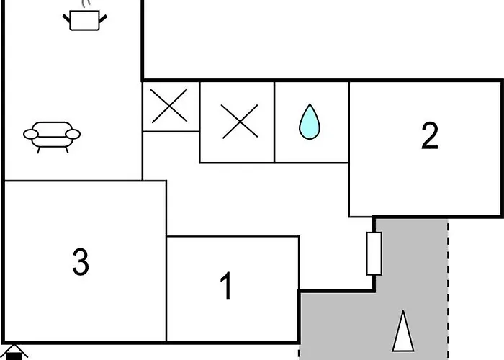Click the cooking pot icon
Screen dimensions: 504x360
pyautogui.click(x=84, y=20)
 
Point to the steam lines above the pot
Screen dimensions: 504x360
pyautogui.click(x=86, y=4)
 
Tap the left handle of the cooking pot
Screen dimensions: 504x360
pyautogui.click(x=66, y=18)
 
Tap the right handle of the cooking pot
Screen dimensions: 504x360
pyautogui.click(x=103, y=19)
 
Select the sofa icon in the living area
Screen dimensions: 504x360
pyautogui.click(x=52, y=138)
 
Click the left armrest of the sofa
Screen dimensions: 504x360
pyautogui.click(x=31, y=134)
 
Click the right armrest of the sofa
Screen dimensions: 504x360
pyautogui.click(x=73, y=134)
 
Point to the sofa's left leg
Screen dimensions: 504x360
pyautogui.click(x=38, y=150)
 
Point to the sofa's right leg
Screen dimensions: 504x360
pyautogui.click(x=67, y=150)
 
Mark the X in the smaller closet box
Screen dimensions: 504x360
pyautogui.click(x=169, y=106)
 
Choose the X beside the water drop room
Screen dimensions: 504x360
pyautogui.click(x=240, y=122)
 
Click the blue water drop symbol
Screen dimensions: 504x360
pyautogui.click(x=310, y=122)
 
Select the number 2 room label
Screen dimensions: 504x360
pyautogui.click(x=430, y=135)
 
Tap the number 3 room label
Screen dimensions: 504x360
pyautogui.click(x=81, y=261)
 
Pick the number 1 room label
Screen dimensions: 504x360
pyautogui.click(x=226, y=285)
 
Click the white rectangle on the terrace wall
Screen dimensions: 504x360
pyautogui.click(x=374, y=253)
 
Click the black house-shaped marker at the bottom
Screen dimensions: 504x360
pyautogui.click(x=14, y=353)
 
